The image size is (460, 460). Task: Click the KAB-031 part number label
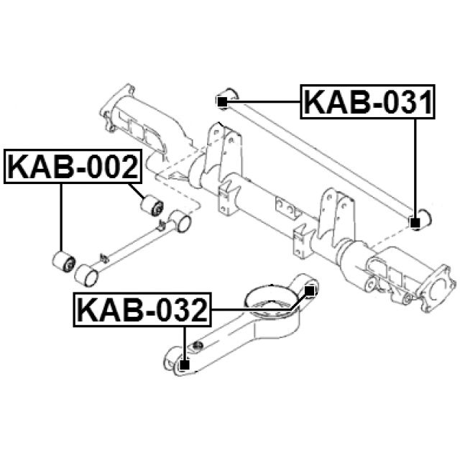367,102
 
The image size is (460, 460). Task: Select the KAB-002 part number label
73,166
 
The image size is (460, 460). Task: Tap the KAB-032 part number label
142,310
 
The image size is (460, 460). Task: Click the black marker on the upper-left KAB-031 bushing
223,102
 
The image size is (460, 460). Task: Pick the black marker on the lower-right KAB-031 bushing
415,223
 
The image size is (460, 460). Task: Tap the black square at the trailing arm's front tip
184,365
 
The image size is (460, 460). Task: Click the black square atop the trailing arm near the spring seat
310,290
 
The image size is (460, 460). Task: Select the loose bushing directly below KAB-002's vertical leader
63,261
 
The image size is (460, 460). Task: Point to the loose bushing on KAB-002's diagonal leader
152,204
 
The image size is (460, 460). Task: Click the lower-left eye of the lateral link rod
86,275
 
